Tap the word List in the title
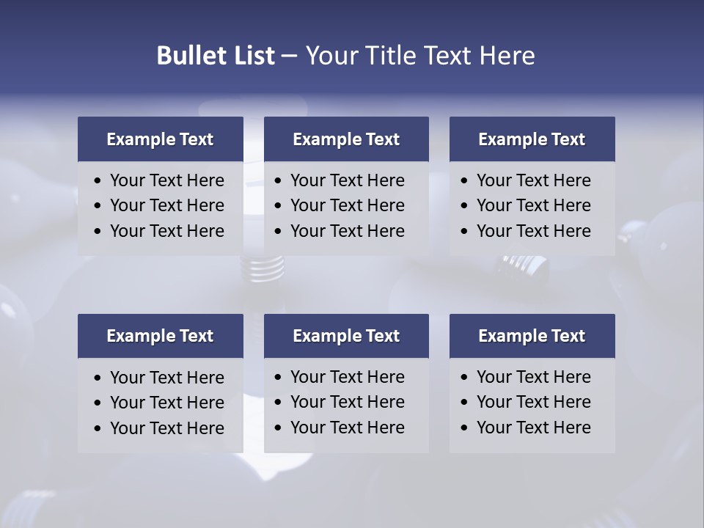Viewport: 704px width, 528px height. click(252, 56)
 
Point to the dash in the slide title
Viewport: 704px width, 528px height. click(290, 56)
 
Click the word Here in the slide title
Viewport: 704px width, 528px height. click(507, 56)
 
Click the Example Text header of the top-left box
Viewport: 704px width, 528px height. click(160, 139)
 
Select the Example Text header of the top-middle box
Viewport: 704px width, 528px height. click(346, 139)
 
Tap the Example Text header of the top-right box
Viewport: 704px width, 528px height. click(532, 139)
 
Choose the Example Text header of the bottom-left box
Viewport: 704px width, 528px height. click(160, 336)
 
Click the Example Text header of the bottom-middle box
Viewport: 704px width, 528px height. click(346, 336)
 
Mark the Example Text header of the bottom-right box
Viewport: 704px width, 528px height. click(532, 336)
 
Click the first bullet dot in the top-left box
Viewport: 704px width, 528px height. click(98, 180)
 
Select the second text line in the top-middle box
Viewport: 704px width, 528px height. click(347, 205)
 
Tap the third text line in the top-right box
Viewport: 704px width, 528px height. click(533, 231)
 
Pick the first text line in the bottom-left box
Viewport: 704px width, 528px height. click(166, 378)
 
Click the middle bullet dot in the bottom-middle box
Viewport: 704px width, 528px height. click(279, 403)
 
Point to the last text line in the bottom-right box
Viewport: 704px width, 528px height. click(533, 428)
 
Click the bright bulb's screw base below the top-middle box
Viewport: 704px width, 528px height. click(263, 269)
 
